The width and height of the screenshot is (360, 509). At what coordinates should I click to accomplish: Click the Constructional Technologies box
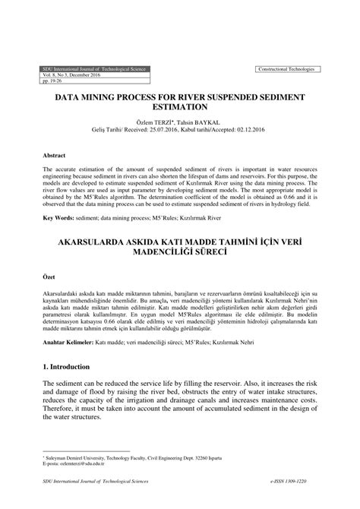pyautogui.click(x=289, y=69)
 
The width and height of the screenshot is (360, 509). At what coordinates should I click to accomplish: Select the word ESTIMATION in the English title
pyautogui.click(x=180, y=109)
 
